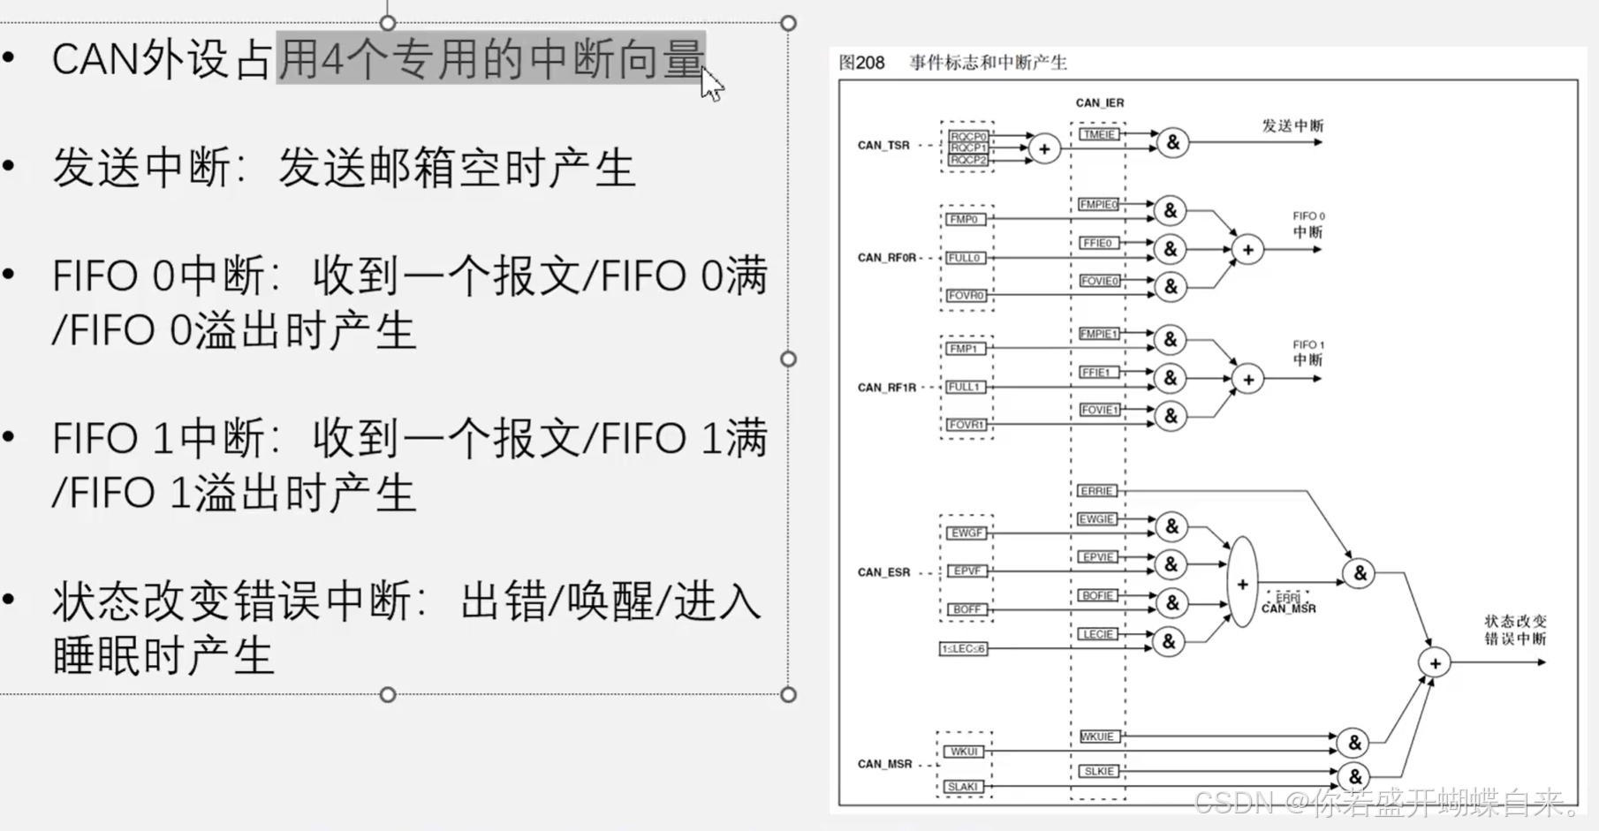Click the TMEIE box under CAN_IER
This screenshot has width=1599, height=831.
point(1098,134)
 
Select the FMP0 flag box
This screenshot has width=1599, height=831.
point(964,219)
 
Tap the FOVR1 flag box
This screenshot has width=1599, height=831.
point(966,425)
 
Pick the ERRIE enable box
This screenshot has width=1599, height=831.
point(1096,491)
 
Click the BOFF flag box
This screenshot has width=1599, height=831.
point(966,609)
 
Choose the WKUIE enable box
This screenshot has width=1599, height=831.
point(1097,737)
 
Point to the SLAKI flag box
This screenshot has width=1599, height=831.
point(962,786)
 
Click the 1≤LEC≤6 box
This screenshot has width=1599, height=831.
point(963,649)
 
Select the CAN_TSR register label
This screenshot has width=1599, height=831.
point(883,145)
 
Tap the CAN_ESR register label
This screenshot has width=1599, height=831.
point(883,572)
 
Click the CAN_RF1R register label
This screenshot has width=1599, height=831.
point(886,388)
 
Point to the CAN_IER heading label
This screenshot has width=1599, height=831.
point(1100,102)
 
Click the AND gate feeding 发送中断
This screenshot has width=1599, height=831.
point(1172,142)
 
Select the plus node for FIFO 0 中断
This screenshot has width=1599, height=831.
point(1247,250)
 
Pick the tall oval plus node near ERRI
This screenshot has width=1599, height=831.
point(1242,583)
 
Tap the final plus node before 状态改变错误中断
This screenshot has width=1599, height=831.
point(1435,662)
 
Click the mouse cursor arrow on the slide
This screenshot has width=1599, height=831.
point(710,85)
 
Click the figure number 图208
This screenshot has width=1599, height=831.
point(861,63)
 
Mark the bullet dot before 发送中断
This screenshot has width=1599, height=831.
point(9,164)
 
